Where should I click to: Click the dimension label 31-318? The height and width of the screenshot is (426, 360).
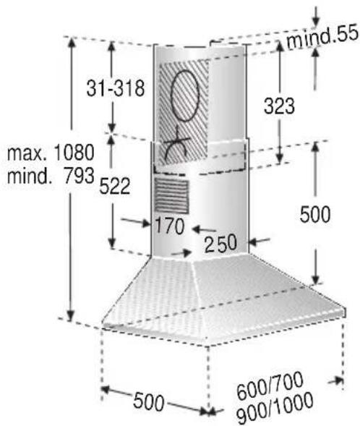[116, 88]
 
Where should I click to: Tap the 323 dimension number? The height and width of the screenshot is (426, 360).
[279, 106]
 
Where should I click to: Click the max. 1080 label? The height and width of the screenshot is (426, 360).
[51, 153]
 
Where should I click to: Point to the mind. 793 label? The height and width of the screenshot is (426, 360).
[51, 176]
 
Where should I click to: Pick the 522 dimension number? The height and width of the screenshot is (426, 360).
[114, 186]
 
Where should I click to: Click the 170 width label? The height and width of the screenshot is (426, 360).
[169, 226]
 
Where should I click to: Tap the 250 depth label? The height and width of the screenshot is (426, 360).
[220, 244]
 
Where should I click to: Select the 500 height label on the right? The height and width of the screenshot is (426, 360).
[315, 214]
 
